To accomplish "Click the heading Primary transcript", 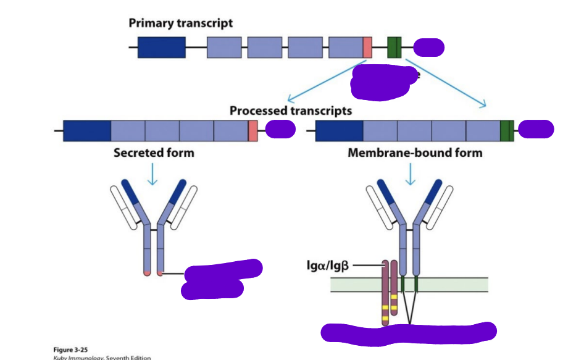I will tap(181, 23).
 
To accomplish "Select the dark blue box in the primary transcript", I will tap(161, 48).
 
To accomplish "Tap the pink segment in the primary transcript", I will tap(367, 48).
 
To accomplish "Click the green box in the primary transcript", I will tap(394, 48).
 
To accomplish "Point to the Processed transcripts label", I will tap(291, 111).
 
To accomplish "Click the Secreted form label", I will tap(154, 152).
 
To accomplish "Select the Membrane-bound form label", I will tap(415, 152).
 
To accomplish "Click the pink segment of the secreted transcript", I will tap(252, 131).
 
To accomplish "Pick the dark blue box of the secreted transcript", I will tap(87, 131).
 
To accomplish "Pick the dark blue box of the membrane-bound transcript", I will tap(339, 131).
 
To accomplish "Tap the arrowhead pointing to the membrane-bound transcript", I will tap(483, 105).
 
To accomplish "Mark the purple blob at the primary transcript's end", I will tap(428, 47).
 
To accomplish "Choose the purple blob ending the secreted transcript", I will tap(280, 130).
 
